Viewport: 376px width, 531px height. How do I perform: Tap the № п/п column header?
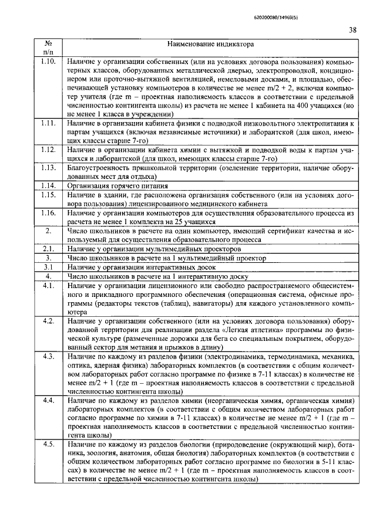coord(49,48)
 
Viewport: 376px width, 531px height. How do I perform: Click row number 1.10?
coord(49,61)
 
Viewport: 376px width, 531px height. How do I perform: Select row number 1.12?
coord(49,150)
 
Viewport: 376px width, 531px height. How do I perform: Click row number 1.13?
coord(49,167)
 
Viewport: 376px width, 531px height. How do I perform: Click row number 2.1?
coord(49,249)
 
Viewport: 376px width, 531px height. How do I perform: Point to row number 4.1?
coord(49,285)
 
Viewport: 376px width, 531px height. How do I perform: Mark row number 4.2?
coord(49,322)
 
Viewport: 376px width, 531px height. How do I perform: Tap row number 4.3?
coord(49,357)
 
